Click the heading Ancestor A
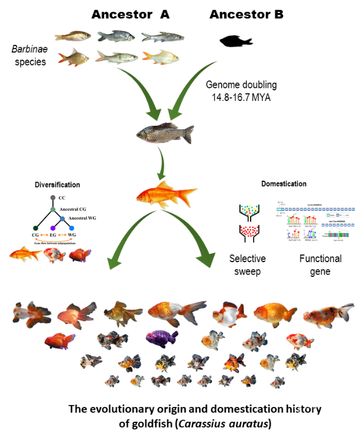[x=130, y=14]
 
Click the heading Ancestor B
[x=247, y=14]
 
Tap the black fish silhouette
[x=236, y=41]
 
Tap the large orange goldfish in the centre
[x=165, y=193]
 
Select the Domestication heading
[x=284, y=184]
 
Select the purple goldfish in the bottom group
[x=162, y=338]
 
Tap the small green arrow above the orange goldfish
[x=160, y=165]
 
